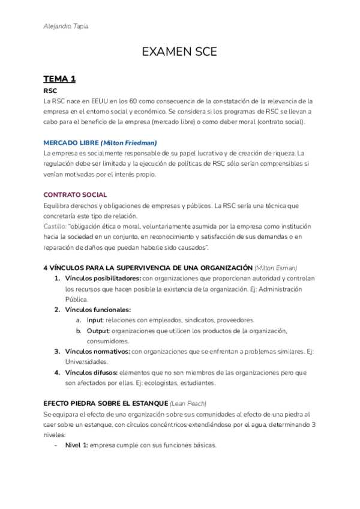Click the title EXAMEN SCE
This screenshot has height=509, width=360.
[179, 53]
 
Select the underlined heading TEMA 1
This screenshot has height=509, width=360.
[59, 79]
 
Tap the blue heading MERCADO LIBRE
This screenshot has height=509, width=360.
[71, 143]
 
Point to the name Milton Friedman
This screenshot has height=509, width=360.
[128, 143]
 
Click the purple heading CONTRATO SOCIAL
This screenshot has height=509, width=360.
[76, 194]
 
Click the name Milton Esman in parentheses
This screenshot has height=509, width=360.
[276, 267]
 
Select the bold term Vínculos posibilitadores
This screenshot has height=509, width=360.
[103, 279]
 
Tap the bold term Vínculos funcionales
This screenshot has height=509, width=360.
[98, 310]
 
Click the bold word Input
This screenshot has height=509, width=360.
[95, 321]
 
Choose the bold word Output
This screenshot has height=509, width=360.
[98, 331]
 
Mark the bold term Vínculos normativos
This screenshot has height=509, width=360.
[97, 351]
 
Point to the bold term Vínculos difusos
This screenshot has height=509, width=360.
[91, 372]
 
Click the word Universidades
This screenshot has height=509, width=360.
[86, 362]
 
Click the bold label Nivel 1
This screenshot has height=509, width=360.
[76, 445]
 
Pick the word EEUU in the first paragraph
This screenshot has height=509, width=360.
[95, 101]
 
